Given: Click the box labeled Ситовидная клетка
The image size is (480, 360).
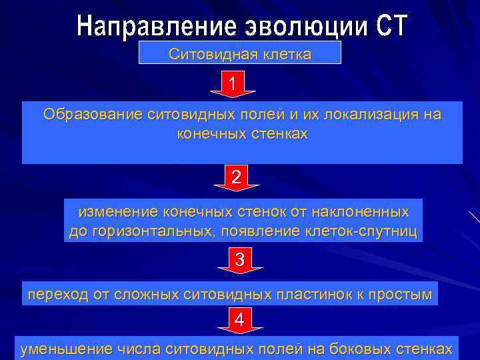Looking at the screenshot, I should coord(239,53).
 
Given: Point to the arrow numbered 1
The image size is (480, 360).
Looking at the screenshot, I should coord(232,85).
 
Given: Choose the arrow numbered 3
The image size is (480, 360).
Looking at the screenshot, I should coord(240,260).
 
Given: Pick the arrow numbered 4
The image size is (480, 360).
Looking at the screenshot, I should coord(240,321).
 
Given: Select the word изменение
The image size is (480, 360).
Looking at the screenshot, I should coord(118,213).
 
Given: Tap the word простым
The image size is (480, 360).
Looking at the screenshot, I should coord(404,293).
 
